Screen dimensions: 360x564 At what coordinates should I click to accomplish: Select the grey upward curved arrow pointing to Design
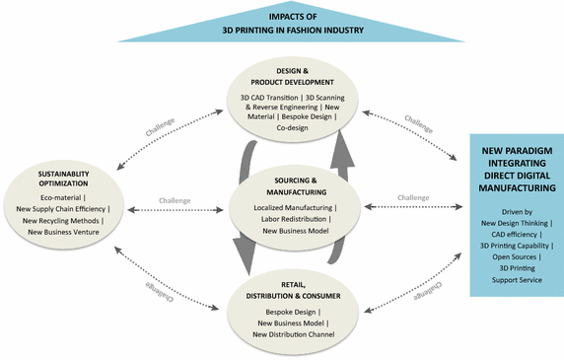point(344,148)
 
